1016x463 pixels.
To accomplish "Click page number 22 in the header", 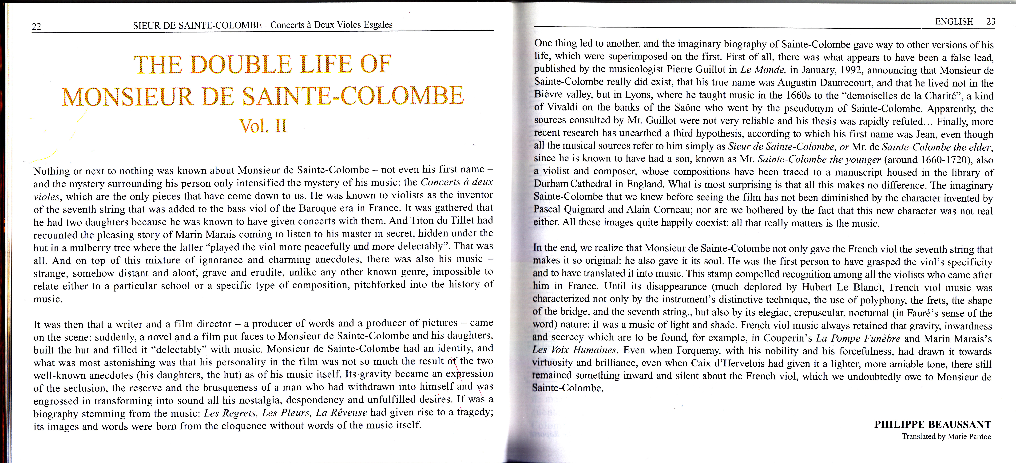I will coord(36,26).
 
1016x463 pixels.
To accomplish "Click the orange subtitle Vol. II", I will coord(263,126).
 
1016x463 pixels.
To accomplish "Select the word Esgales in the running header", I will coord(378,24).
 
